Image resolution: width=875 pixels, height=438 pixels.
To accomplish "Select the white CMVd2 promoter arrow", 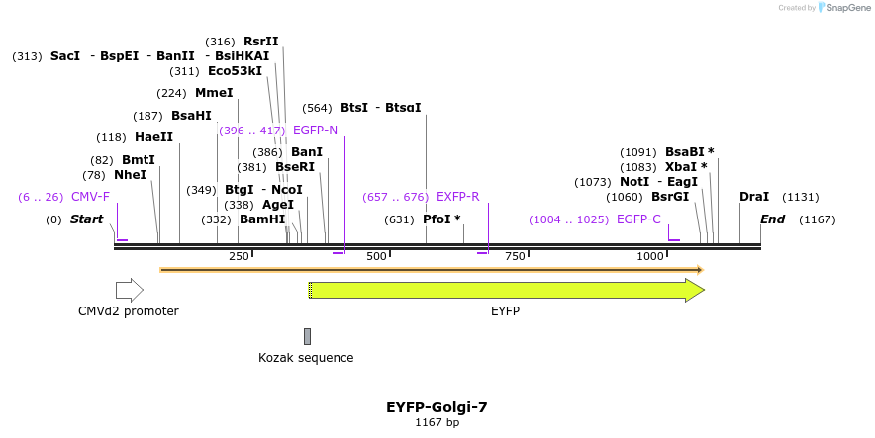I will coord(129,290).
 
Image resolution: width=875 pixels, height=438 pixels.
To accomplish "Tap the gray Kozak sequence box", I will coord(307,336).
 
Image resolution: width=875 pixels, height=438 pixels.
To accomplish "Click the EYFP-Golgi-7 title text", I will coord(437,406).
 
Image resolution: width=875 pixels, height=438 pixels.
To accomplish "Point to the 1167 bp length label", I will coord(437,423).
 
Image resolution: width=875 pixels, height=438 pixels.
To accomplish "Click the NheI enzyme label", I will coord(130,175).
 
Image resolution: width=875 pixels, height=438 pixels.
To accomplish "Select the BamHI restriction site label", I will coord(262,219).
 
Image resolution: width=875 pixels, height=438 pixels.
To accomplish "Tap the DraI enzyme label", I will coord(754,197).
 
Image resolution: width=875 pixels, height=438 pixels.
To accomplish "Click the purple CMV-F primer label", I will coord(90,197).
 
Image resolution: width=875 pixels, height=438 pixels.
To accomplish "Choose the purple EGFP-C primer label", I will coord(638,219).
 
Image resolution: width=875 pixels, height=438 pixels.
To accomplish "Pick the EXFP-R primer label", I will coord(457,197).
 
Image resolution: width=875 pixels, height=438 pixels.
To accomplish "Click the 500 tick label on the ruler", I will coord(376,257).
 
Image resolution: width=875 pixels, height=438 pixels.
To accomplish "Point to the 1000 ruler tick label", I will coord(650,257).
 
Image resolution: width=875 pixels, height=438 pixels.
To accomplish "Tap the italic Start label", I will coord(86,219).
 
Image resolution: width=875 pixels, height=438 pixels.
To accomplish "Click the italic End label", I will coord(772,219).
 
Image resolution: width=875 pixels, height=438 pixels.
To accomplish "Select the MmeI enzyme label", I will coord(214,93).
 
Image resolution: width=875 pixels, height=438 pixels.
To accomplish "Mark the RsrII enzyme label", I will coord(261,42).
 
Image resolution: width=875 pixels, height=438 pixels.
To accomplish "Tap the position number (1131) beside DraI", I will coord(801,197).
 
